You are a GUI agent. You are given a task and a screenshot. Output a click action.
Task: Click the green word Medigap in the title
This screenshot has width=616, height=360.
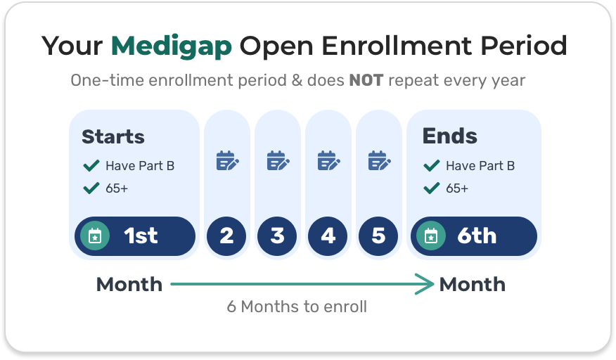pos(172,46)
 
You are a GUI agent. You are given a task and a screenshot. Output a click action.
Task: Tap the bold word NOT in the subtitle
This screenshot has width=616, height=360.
pos(366,80)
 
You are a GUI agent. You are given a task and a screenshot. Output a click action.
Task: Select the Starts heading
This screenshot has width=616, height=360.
pos(113,136)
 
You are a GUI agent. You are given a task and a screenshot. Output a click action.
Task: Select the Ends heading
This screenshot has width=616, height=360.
pos(449,136)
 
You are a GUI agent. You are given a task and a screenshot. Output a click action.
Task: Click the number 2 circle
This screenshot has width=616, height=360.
pos(226,236)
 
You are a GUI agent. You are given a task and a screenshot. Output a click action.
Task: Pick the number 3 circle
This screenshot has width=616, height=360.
pos(277,236)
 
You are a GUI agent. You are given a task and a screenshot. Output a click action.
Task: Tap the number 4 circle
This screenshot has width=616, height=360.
pos(328,236)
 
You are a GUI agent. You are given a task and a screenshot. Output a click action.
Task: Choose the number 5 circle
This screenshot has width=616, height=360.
pos(378,236)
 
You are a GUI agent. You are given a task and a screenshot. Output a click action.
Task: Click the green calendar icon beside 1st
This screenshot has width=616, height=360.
pos(95,236)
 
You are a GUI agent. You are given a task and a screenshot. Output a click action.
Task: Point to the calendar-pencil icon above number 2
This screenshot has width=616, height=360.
pos(226,161)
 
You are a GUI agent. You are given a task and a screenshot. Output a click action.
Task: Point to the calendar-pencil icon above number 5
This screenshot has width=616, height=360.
pos(378,161)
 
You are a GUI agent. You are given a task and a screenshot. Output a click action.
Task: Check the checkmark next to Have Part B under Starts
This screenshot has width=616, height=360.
pos(91,166)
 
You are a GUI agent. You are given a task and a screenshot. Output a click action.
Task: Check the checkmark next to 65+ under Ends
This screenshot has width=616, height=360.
pos(431,188)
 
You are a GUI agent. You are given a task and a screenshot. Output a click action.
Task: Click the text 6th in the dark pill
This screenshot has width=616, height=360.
pos(477,236)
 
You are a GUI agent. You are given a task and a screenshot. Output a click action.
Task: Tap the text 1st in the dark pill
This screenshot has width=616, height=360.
pos(141,236)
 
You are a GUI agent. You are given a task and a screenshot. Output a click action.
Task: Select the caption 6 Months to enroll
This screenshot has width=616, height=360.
pos(297,307)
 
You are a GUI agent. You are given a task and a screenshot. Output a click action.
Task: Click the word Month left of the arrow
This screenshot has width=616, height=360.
pos(129,285)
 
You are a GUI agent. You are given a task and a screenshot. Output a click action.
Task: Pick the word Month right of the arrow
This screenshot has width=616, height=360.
pos(472,285)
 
